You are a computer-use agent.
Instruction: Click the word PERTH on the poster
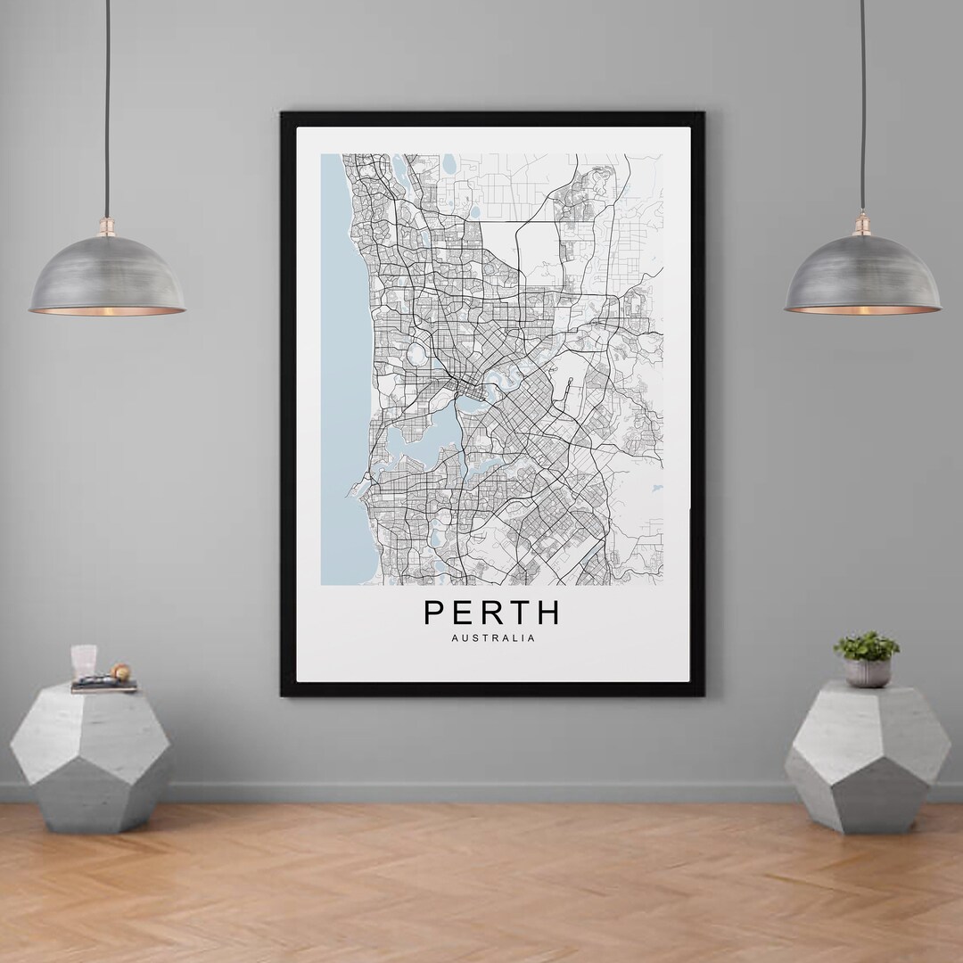click(x=492, y=613)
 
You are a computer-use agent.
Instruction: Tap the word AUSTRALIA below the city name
click(x=493, y=638)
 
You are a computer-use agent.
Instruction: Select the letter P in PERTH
click(x=433, y=613)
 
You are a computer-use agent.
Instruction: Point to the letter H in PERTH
click(x=548, y=613)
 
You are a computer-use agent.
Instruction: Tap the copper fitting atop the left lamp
click(x=107, y=223)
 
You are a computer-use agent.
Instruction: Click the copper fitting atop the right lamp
click(x=862, y=223)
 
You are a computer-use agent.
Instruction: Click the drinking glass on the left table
click(x=84, y=661)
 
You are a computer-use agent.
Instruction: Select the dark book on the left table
click(x=103, y=686)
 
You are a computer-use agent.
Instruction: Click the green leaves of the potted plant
click(x=867, y=646)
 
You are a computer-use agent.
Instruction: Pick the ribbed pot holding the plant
click(x=867, y=672)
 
